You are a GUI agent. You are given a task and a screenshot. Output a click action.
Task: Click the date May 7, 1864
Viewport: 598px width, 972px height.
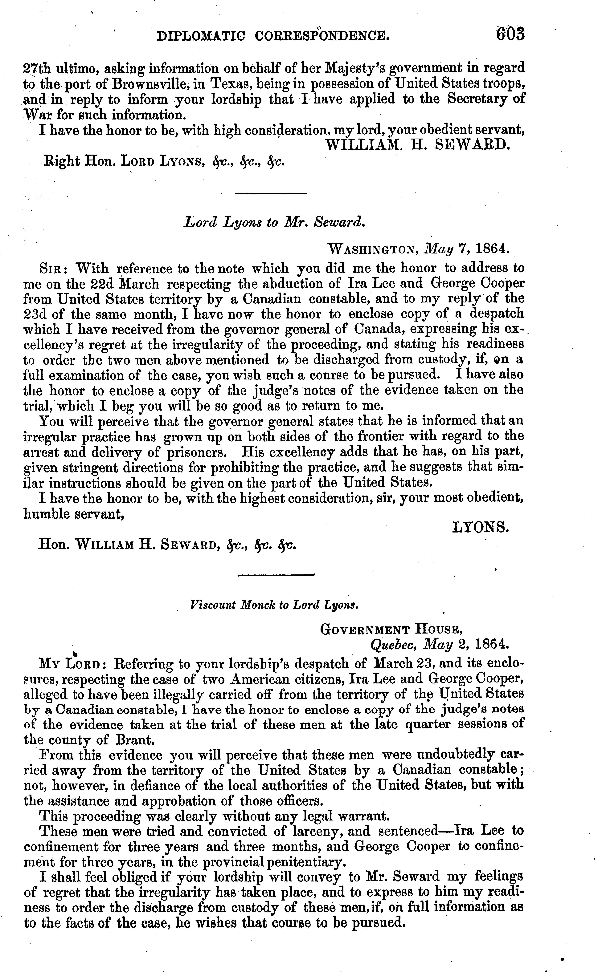click(x=467, y=249)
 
